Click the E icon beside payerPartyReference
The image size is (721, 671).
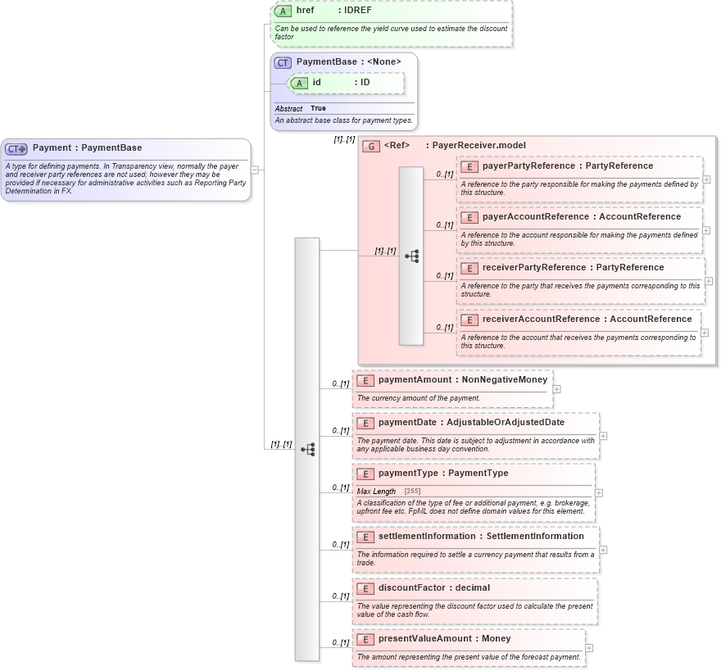tap(469, 166)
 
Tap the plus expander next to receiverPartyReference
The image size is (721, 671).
tap(709, 281)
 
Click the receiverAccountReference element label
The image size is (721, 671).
tap(542, 320)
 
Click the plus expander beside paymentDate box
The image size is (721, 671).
tap(603, 436)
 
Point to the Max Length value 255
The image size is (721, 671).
tap(412, 492)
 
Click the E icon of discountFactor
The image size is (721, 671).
tap(365, 588)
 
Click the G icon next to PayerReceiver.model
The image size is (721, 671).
tap(371, 146)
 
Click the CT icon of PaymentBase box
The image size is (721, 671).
tap(283, 62)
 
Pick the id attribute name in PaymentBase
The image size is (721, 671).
tap(316, 83)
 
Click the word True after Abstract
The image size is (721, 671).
tap(318, 109)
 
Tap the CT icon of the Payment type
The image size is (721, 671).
tap(16, 149)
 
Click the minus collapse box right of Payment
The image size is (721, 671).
tap(255, 170)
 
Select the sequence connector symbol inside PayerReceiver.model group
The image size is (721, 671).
tap(411, 256)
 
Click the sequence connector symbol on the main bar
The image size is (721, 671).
tap(307, 449)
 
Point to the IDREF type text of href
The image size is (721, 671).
tap(358, 11)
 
